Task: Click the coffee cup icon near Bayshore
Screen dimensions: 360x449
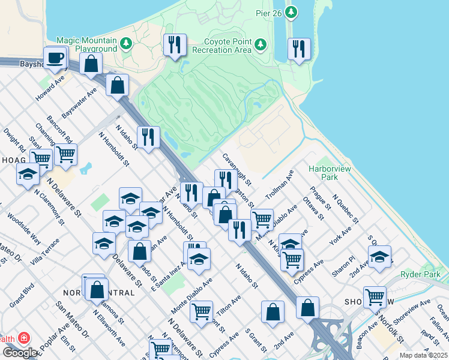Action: (56, 58)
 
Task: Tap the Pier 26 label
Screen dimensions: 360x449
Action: (270, 11)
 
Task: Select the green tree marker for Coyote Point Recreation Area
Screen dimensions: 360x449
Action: (260, 44)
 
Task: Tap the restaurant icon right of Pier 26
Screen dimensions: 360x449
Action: (298, 49)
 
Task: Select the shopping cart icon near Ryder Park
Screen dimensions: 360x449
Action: (375, 296)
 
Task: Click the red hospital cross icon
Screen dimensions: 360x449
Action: (24, 338)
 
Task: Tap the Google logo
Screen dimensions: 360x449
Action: (20, 353)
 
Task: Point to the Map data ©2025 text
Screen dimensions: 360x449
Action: (423, 355)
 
